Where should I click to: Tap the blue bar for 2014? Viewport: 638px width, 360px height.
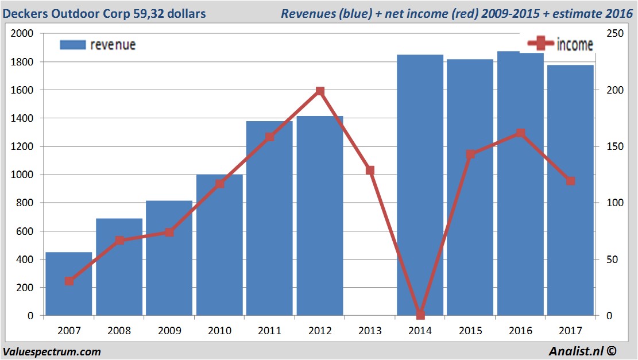(420, 184)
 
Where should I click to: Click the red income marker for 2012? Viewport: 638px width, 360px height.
(320, 91)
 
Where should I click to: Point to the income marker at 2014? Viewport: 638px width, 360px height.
(420, 315)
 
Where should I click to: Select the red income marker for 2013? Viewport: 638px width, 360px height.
(370, 171)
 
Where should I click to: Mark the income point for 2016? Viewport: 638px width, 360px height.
(520, 133)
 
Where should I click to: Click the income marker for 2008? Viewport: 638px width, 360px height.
(119, 241)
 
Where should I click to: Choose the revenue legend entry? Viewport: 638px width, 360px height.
(98, 45)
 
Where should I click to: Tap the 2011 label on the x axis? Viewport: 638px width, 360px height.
(270, 331)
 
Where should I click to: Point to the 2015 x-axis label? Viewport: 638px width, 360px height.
(470, 331)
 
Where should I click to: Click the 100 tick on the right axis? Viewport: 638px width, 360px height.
(610, 203)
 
